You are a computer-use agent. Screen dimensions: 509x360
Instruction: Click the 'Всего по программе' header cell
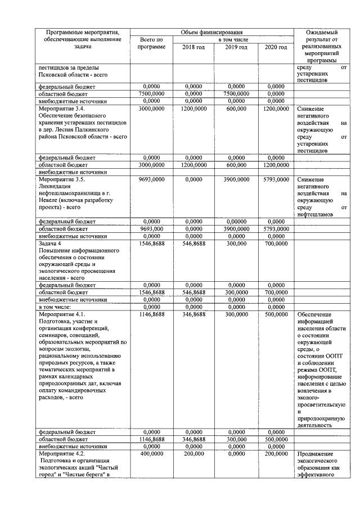coord(151,43)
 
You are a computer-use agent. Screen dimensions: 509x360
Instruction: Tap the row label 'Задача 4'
coord(50,244)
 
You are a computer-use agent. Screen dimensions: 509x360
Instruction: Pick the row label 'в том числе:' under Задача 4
coord(55,307)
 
